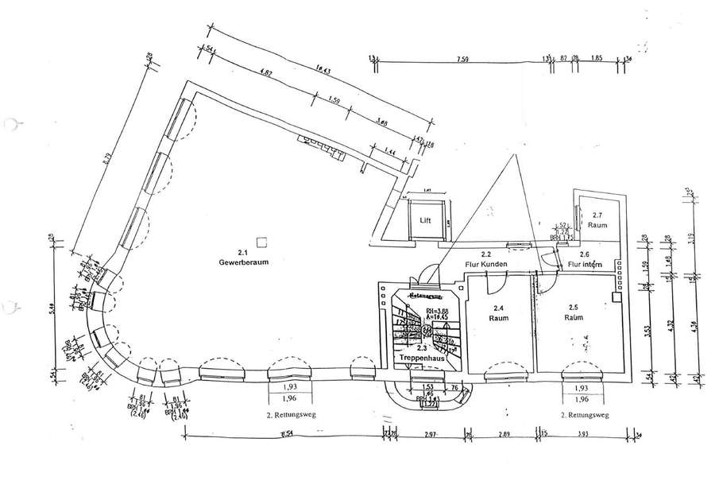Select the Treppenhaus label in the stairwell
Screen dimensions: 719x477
[420, 357]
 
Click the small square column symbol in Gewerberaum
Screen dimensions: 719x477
[261, 239]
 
